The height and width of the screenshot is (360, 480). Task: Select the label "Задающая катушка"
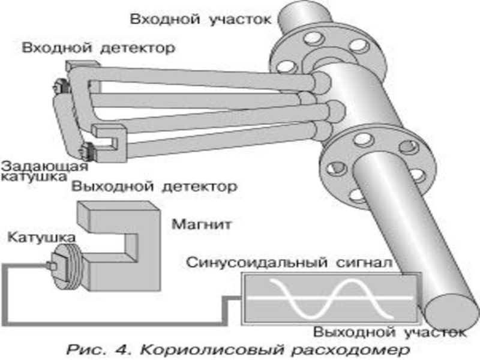pyautogui.click(x=44, y=171)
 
